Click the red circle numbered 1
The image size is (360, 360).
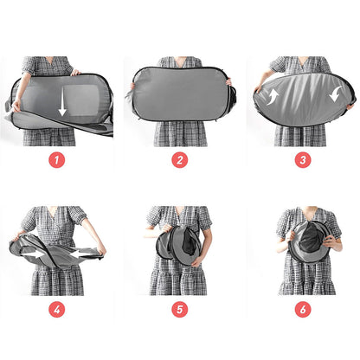(57, 160)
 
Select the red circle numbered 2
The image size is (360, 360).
(179, 160)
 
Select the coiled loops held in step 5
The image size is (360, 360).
(179, 244)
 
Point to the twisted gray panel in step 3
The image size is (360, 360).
(303, 97)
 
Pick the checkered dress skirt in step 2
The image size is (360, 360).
(180, 132)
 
